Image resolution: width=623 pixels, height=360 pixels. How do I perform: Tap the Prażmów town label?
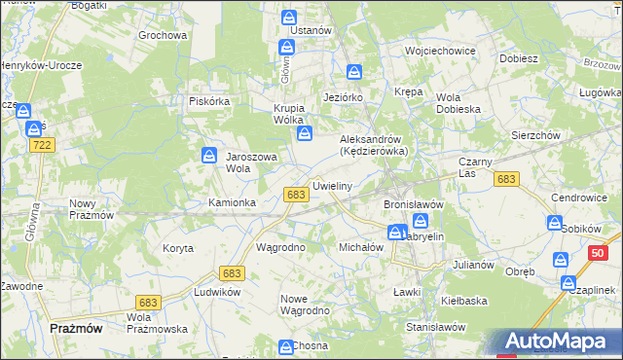click(76, 329)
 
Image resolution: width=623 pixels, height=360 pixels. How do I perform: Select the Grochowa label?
click(162, 35)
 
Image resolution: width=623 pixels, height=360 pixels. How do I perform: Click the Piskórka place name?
click(208, 100)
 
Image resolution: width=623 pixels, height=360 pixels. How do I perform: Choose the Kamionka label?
click(232, 202)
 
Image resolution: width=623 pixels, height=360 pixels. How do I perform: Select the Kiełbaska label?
click(463, 301)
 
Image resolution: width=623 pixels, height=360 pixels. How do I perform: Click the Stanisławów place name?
click(433, 328)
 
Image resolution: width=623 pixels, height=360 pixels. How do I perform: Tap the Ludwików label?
click(217, 291)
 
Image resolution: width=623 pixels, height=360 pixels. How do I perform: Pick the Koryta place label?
click(177, 248)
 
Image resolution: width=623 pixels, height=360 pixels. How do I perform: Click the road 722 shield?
click(41, 145)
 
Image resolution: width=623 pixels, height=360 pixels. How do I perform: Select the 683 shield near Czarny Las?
click(505, 179)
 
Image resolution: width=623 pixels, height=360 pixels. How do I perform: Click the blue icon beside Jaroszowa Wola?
click(209, 155)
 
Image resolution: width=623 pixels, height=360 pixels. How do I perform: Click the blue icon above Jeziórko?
click(354, 72)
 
